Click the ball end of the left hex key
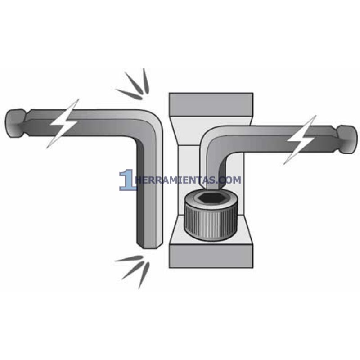[15, 122]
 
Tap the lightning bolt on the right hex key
[301, 139]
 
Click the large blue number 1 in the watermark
[126, 180]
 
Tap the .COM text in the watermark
[229, 180]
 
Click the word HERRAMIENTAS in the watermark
[175, 180]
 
